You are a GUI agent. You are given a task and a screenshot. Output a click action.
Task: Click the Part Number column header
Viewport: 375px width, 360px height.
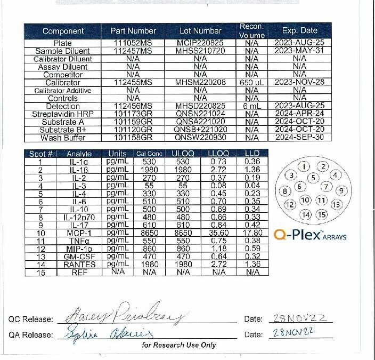coord(133,31)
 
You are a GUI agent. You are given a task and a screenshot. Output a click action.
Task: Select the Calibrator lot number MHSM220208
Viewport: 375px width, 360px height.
coord(200,83)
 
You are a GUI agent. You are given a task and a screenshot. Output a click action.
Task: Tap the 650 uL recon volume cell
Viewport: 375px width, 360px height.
coord(248,83)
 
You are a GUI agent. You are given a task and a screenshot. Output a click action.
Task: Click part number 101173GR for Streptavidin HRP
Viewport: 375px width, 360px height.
coord(133,114)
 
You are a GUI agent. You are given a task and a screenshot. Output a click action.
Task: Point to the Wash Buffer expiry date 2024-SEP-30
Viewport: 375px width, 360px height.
coord(299,138)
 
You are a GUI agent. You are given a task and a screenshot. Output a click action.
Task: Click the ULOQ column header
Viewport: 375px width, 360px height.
coord(183,154)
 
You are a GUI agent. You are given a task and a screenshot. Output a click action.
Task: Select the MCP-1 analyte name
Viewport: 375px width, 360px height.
coord(78,233)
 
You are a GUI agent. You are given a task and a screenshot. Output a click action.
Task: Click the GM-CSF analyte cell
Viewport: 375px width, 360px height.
coord(78,256)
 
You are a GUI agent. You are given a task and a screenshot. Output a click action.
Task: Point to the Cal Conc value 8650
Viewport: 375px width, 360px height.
coord(149,233)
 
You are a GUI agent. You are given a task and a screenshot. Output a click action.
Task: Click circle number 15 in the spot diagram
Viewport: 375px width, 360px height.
coord(321,215)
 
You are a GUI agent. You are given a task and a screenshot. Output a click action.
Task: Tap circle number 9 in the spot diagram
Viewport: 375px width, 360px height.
coord(341,190)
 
